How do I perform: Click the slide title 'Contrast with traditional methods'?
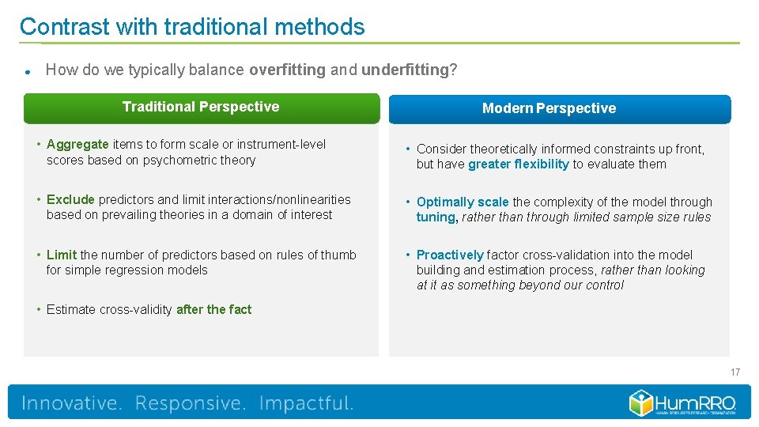192,27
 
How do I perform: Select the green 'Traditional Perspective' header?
201,108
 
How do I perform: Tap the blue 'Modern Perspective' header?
549,109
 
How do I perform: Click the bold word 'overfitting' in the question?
287,70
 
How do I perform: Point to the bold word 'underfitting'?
405,70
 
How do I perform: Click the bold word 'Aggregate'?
77,144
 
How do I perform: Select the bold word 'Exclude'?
70,199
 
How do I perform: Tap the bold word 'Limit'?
62,255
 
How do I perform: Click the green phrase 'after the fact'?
213,309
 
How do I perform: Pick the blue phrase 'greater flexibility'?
518,164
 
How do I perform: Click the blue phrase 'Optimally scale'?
463,202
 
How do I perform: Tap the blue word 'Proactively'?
450,255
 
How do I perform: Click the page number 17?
735,372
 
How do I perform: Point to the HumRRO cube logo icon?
640,402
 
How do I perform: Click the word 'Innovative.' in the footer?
72,403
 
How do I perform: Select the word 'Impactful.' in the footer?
306,403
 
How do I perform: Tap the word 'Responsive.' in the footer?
191,403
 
